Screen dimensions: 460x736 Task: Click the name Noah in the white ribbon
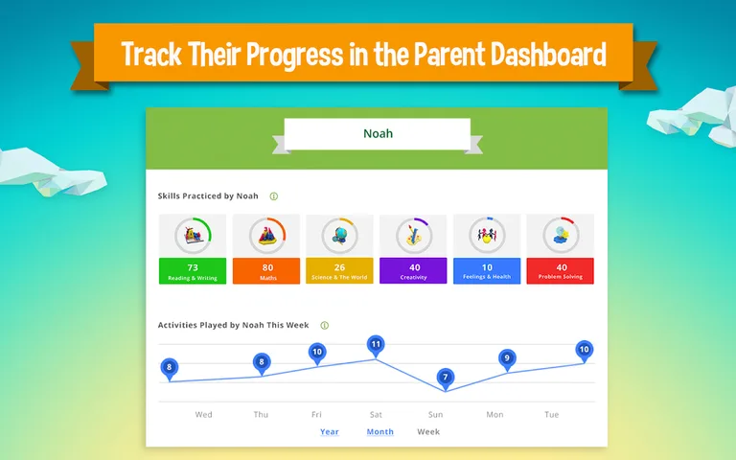coord(378,133)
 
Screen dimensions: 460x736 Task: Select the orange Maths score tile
coord(266,271)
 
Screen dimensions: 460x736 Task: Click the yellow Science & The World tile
coord(339,271)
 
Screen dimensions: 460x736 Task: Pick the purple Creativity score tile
coord(414,271)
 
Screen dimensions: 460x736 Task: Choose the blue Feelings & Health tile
coord(487,271)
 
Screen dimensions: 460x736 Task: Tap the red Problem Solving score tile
coord(561,271)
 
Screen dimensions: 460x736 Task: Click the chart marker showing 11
coord(376,344)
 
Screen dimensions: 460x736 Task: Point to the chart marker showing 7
coord(445,378)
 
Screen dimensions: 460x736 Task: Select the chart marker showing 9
coord(507,358)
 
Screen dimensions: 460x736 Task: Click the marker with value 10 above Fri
coord(317,352)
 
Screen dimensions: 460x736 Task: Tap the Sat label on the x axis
coord(376,415)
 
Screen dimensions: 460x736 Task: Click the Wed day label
coord(203,415)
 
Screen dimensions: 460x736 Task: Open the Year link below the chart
coord(329,432)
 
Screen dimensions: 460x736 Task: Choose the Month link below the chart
coord(379,432)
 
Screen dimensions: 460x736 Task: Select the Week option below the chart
coord(428,432)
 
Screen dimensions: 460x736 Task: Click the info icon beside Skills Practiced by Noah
coord(273,196)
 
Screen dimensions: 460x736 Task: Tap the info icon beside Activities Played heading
coord(324,326)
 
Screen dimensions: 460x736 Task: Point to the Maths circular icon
coord(266,235)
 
